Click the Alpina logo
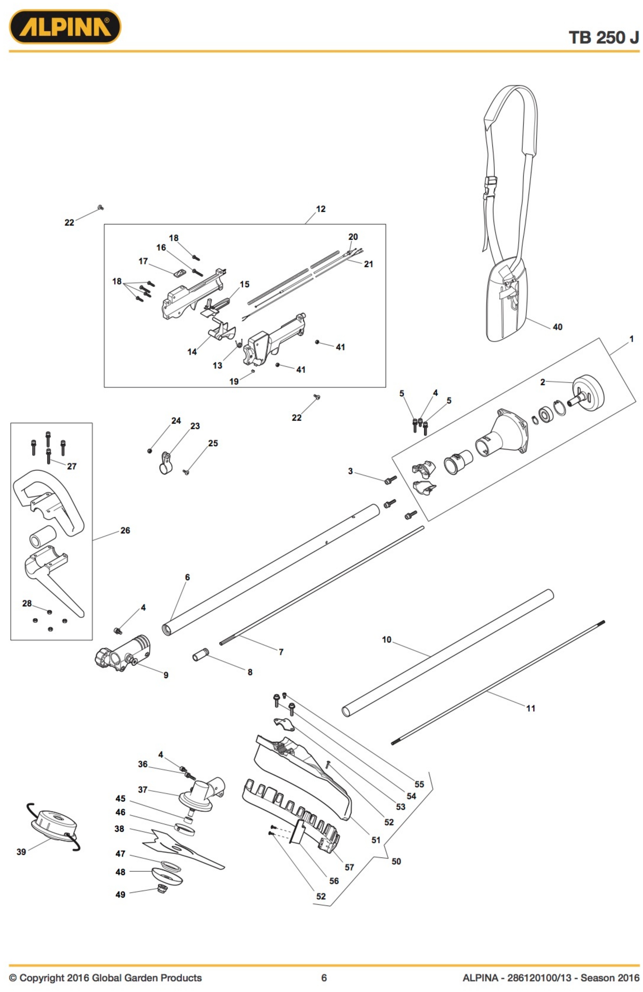pyautogui.click(x=65, y=27)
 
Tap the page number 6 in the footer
pyautogui.click(x=324, y=977)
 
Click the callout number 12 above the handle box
pyautogui.click(x=320, y=209)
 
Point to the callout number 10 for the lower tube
pyautogui.click(x=387, y=639)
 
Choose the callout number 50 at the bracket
pyautogui.click(x=396, y=861)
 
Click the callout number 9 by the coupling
pyautogui.click(x=166, y=675)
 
